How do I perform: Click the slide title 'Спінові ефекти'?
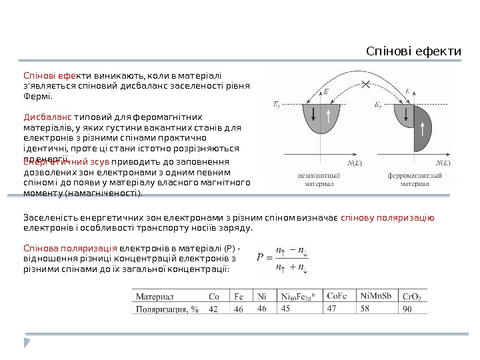point(415,51)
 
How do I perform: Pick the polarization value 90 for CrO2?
point(406,309)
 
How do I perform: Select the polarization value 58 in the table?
point(365,309)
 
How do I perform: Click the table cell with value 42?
point(213,309)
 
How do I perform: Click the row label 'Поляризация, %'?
point(167,309)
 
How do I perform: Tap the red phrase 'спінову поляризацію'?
point(388,217)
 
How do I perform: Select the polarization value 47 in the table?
point(332,309)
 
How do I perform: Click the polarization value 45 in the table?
point(287,309)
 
